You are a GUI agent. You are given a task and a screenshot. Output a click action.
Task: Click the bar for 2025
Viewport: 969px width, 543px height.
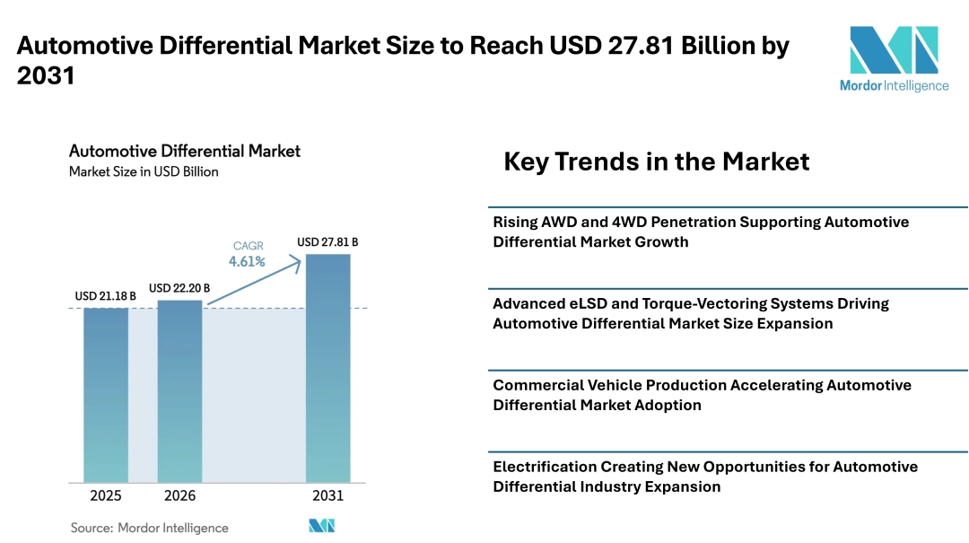pos(106,395)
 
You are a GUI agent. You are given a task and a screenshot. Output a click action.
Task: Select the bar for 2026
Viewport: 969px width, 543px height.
pos(179,390)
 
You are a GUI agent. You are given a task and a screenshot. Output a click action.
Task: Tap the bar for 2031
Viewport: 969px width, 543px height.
pos(328,368)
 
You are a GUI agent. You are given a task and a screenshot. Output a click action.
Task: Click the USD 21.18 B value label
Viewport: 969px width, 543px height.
pos(106,296)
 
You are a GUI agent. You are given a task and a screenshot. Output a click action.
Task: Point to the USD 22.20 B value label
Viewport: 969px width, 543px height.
pos(179,288)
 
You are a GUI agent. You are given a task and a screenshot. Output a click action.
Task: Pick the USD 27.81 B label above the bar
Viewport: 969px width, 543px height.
pos(327,241)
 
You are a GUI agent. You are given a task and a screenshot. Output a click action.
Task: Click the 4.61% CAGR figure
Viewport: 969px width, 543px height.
pos(248,261)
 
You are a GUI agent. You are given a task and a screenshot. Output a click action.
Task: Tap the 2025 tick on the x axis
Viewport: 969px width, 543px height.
pos(106,495)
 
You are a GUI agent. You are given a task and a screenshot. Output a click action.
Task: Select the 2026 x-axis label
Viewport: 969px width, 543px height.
pos(179,495)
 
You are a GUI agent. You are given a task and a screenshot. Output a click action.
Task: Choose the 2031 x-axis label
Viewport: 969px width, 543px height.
pos(328,495)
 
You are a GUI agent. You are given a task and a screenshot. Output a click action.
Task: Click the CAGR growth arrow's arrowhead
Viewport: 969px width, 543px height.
pos(296,265)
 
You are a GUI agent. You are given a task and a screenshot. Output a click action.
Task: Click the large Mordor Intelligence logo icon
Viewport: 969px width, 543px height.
pos(895,49)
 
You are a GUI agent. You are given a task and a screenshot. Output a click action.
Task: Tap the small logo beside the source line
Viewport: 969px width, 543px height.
pos(322,526)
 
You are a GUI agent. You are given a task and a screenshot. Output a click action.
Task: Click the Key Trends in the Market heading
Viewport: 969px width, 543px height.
pos(656,162)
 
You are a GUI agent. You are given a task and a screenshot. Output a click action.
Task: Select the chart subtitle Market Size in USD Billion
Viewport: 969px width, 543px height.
pos(144,172)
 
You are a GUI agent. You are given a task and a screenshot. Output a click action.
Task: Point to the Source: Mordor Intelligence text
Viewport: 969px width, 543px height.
pos(150,528)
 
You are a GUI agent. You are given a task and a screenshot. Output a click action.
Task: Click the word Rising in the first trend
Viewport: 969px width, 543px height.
pos(515,223)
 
